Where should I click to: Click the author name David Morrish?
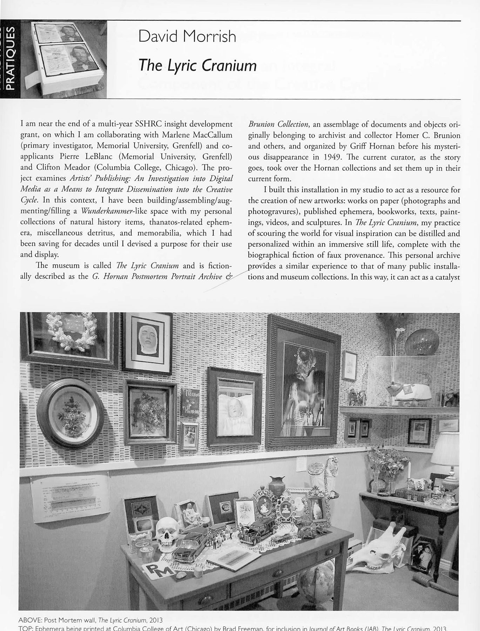[x=187, y=36]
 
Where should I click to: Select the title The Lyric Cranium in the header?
[x=197, y=65]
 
